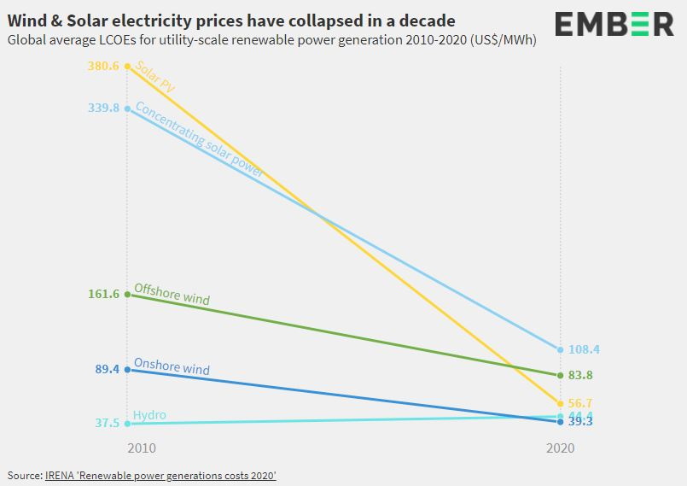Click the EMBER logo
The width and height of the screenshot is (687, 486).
coord(614,24)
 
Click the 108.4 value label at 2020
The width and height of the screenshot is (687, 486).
coord(585,349)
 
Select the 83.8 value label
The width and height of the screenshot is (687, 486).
coord(581,375)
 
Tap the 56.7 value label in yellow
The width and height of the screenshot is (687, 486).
coord(581,403)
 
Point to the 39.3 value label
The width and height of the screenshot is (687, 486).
coord(581,422)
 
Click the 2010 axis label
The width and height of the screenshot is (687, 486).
coord(142,448)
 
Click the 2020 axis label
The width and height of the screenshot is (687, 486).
coord(560,448)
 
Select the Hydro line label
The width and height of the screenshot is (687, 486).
coord(149,415)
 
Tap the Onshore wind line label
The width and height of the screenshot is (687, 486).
coord(172,367)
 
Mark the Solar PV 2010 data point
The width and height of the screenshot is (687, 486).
coord(128,66)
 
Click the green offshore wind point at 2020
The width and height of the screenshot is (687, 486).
coord(560,375)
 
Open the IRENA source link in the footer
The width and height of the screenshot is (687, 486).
coord(160,475)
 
